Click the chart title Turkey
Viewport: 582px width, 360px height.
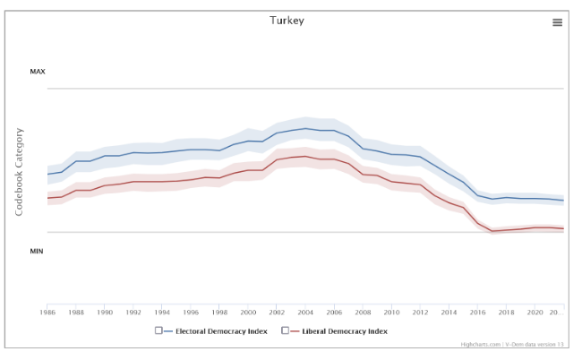point(287,20)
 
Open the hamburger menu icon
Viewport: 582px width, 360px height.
point(557,22)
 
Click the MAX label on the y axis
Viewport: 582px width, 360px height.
point(37,72)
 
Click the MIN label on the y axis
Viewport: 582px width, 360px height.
point(37,251)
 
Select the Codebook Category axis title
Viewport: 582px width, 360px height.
point(19,171)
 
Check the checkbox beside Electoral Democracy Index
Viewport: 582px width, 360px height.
point(158,330)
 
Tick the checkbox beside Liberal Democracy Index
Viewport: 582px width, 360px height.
point(286,330)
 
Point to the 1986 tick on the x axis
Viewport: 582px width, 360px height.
point(47,313)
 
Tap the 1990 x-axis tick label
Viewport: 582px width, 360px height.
point(105,313)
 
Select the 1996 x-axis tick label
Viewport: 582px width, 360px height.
point(191,313)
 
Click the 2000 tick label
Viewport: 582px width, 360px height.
point(248,313)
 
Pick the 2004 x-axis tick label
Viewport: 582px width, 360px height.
point(305,313)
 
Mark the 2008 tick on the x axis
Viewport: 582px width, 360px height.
point(363,313)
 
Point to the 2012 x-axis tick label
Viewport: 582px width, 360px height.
point(420,313)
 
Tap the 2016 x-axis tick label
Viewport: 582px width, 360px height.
point(477,313)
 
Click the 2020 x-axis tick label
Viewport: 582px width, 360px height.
point(535,313)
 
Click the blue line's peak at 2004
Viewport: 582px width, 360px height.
point(305,128)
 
